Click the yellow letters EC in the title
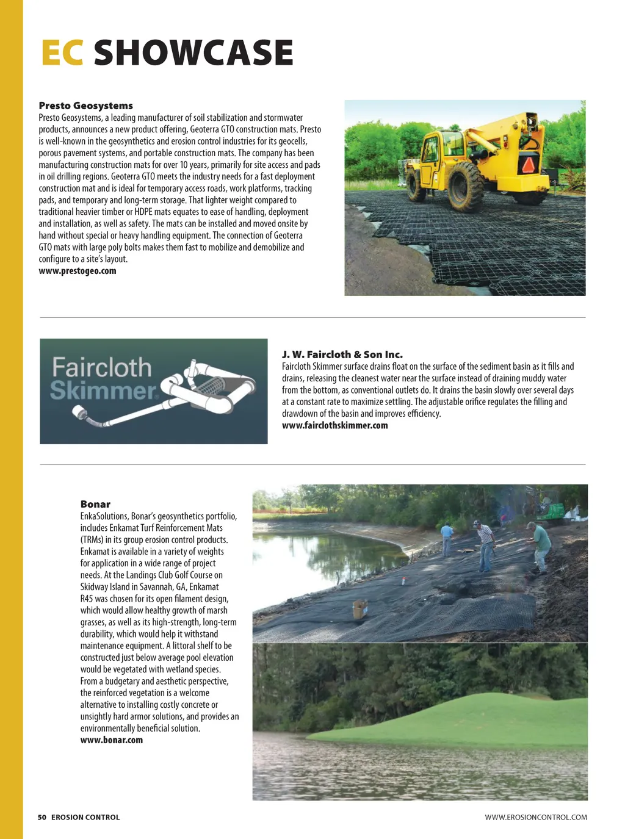[x=62, y=52]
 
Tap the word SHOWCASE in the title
[x=193, y=52]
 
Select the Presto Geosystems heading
[x=85, y=106]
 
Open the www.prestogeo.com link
[x=78, y=271]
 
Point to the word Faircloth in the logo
[x=101, y=367]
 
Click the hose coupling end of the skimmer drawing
[x=80, y=413]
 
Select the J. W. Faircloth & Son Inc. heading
[x=342, y=355]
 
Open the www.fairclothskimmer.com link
[x=334, y=425]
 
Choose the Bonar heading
[x=95, y=504]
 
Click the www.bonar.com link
[x=112, y=740]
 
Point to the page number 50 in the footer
[x=42, y=817]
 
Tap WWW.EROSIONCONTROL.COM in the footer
[x=536, y=817]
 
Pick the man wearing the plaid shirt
[x=485, y=544]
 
